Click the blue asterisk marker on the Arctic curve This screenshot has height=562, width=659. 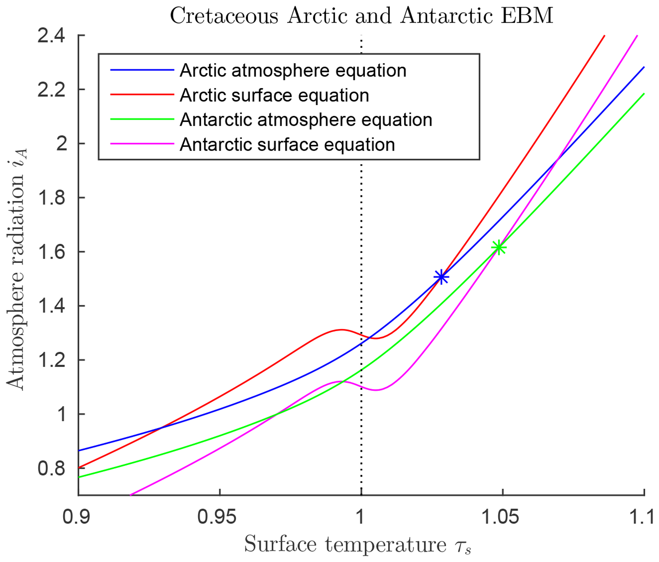(441, 277)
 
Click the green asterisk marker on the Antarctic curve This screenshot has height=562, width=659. (499, 247)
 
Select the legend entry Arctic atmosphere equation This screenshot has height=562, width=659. (293, 70)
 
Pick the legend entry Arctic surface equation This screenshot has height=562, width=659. (274, 95)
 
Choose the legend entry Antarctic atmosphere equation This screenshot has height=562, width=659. (306, 120)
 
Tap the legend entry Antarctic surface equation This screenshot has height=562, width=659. (287, 144)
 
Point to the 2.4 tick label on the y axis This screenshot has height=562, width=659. (51, 35)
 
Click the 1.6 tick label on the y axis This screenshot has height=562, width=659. (51, 252)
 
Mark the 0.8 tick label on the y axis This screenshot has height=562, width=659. (51, 468)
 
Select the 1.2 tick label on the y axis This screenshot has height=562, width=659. (51, 360)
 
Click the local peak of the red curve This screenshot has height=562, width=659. (341, 330)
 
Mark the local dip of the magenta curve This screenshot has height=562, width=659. (376, 390)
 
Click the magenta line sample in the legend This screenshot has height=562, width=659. (142, 144)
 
